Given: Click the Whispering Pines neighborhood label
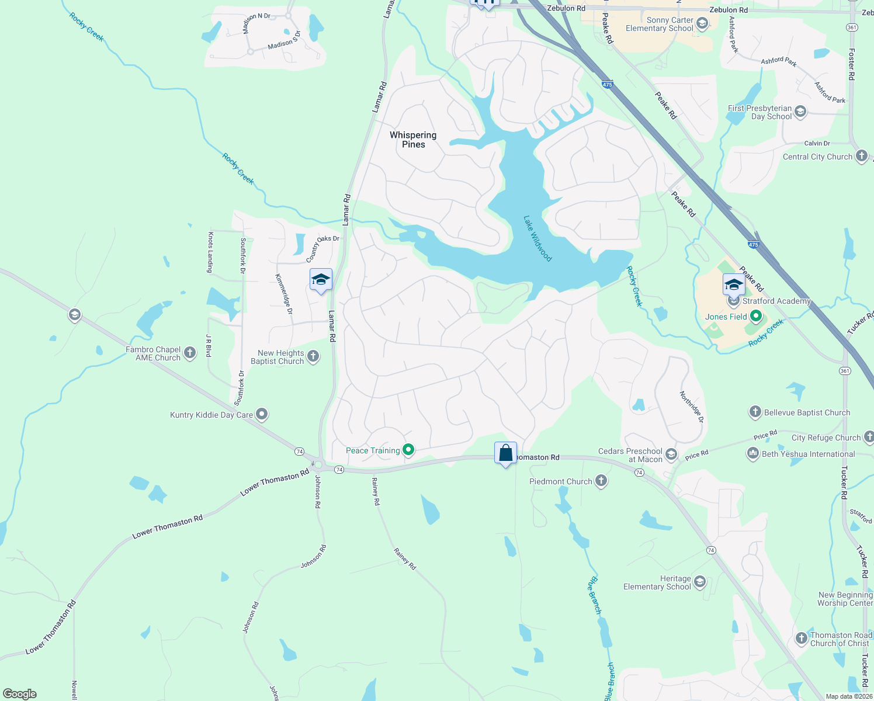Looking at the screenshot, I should [413, 140].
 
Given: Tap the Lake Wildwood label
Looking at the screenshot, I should [537, 238].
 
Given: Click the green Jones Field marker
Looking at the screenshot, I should [757, 317].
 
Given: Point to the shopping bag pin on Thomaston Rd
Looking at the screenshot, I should [505, 453].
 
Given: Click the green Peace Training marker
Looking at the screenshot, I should [409, 450].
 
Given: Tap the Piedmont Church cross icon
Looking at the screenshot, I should [601, 481].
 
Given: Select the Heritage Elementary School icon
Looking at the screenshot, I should [700, 582].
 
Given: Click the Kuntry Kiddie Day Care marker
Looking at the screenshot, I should [262, 415].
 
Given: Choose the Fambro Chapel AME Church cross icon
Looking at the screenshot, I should [189, 353].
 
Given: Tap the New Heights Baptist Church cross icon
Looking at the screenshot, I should [313, 356].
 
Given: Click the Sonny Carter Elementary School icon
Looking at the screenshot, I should [702, 23].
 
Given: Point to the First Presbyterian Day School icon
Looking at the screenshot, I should [800, 112].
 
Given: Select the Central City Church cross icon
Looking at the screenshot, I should [862, 156].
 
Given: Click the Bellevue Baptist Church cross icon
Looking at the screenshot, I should [755, 412].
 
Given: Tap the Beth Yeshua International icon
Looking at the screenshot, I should [753, 453].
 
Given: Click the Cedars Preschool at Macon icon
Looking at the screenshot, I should [671, 454].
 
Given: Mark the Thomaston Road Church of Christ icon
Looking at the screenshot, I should [802, 638].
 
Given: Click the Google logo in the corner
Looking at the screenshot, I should [20, 693].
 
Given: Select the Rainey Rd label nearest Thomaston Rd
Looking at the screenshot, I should [376, 491].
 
